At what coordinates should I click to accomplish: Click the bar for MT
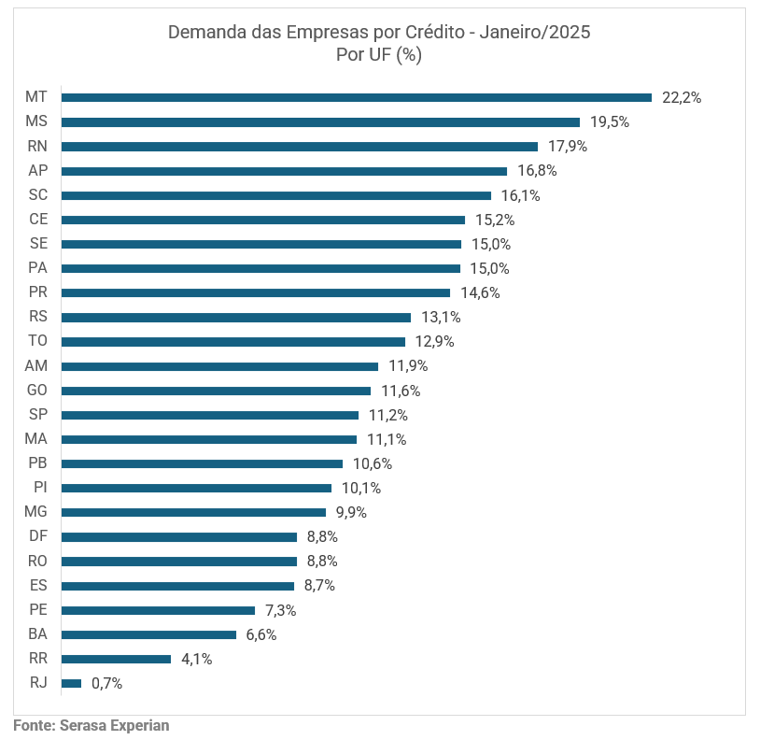click(x=356, y=97)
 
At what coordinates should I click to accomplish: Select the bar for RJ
click(x=71, y=683)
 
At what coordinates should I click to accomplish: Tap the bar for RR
click(x=116, y=659)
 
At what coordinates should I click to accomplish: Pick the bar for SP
click(x=209, y=415)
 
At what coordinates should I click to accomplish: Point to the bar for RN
click(x=299, y=146)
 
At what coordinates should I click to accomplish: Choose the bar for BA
click(x=148, y=634)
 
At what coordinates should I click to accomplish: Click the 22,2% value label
click(x=682, y=97)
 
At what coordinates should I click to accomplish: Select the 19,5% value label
click(x=610, y=121)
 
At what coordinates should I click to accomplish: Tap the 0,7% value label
click(x=106, y=683)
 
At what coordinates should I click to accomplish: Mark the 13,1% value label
click(x=441, y=317)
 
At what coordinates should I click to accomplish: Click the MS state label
click(x=36, y=121)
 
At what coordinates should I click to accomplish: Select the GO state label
click(x=37, y=391)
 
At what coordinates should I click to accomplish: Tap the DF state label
click(x=38, y=536)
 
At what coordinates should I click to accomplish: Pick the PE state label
click(x=38, y=609)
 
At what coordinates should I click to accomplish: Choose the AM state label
click(x=36, y=365)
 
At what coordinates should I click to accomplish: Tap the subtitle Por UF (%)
click(x=379, y=54)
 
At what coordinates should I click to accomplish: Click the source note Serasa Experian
click(x=114, y=724)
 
